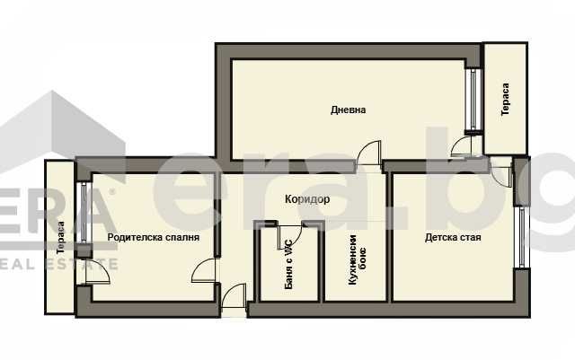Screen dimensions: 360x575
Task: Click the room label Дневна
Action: click(348, 110)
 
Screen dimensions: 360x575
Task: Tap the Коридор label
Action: click(307, 199)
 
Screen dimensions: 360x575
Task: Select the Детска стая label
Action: click(453, 239)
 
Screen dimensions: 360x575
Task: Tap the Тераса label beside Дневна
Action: click(506, 99)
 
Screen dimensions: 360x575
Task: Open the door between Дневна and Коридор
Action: click(368, 154)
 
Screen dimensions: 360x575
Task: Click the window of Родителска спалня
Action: click(82, 213)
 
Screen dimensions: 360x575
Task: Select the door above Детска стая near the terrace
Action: click(499, 165)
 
